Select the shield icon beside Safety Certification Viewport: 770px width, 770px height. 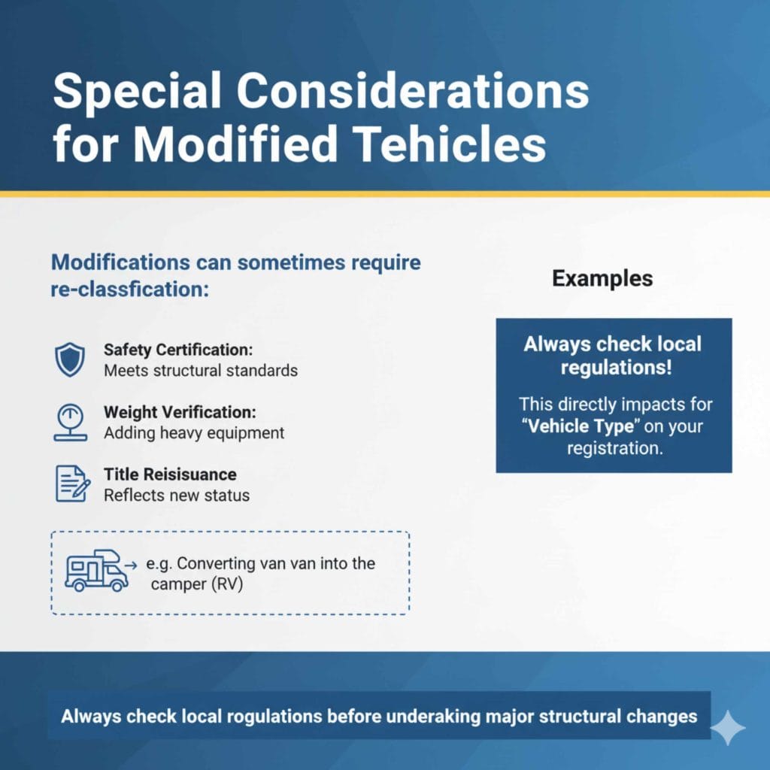point(70,359)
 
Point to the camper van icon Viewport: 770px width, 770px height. point(96,571)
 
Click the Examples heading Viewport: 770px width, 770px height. point(602,278)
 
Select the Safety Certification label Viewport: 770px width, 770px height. point(177,350)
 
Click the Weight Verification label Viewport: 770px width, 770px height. point(180,413)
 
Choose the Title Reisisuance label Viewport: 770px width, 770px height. point(170,474)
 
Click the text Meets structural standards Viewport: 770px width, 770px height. point(201,371)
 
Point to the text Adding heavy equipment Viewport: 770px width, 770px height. point(194,433)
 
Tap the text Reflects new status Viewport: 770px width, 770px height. point(177,496)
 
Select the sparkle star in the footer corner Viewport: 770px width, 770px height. point(728,727)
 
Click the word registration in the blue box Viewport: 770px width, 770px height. point(614,447)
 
